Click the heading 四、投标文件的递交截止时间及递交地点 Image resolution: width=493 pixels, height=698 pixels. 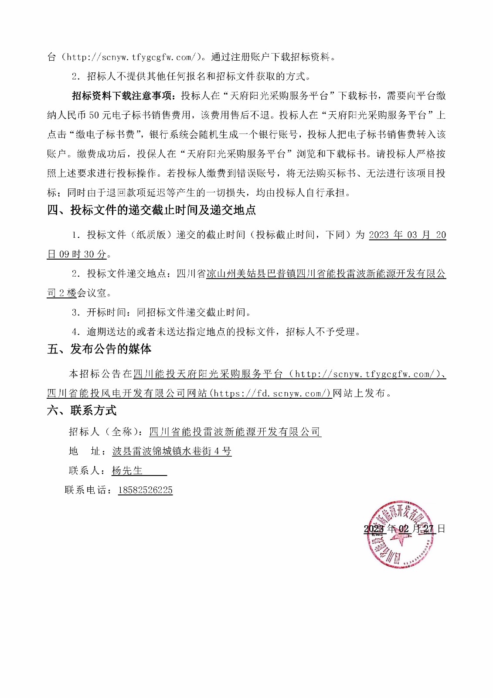tap(151, 210)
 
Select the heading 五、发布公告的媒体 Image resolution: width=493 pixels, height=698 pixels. tap(99, 349)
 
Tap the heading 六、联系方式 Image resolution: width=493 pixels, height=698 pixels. tap(82, 411)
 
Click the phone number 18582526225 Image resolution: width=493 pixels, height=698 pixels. tap(145, 490)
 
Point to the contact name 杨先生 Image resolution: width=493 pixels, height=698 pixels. tap(127, 471)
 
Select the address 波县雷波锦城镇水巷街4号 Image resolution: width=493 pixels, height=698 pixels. tap(172, 452)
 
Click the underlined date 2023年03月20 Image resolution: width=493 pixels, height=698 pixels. tap(407, 235)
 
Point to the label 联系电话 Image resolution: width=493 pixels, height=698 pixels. tap(86, 490)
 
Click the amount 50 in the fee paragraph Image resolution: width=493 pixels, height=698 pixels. tap(94, 115)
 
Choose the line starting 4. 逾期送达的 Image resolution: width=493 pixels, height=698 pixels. tap(217, 332)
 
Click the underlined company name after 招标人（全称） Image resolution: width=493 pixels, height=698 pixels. tap(235, 432)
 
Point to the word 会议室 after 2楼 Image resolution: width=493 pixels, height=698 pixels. tap(92, 293)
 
